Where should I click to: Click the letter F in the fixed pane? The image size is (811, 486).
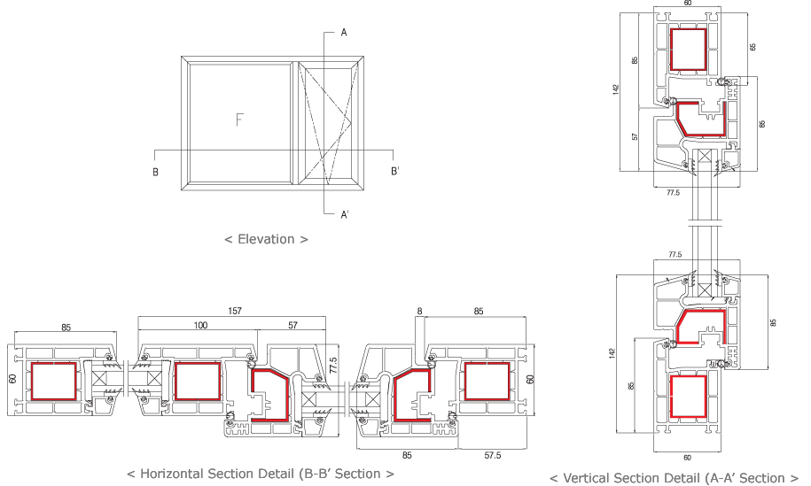[238, 120]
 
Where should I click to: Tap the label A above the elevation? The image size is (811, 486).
[343, 33]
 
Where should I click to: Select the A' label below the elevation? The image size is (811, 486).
[345, 213]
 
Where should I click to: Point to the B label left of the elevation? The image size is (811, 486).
[155, 172]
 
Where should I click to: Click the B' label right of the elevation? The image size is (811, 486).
[394, 172]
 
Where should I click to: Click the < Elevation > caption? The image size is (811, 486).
[266, 239]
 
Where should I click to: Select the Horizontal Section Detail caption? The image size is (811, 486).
[261, 474]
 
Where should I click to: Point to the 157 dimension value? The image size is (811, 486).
[234, 312]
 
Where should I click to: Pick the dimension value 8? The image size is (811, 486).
[418, 312]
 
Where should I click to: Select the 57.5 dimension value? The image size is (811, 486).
[493, 455]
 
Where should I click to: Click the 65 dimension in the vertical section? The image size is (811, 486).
[753, 46]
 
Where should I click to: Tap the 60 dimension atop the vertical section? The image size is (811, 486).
[688, 4]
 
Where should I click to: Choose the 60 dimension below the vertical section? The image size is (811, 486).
[688, 457]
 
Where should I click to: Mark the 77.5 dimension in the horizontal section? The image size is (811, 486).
[333, 364]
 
